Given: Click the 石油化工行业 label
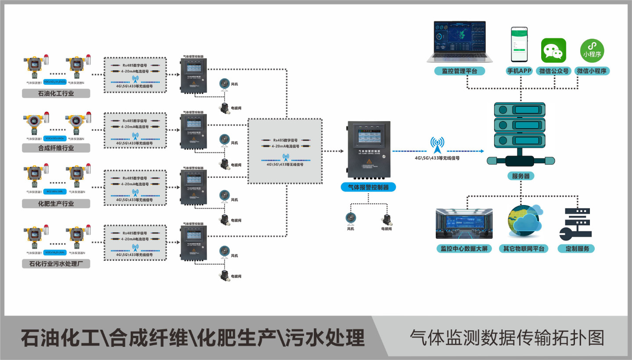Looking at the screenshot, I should [56, 93].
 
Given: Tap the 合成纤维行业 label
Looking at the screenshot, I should [56, 148].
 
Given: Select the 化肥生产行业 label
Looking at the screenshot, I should [56, 204].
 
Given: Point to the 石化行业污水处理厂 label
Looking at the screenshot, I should [56, 264].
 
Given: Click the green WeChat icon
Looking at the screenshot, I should [553, 50].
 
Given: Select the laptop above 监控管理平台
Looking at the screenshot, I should [460, 43].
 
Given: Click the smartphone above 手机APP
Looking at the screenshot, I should [519, 45].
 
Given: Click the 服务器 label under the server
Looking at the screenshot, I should [521, 176].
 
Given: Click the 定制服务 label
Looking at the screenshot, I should [577, 248].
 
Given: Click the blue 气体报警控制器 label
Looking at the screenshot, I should [368, 187].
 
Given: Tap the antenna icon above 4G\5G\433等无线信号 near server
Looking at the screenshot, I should [437, 144].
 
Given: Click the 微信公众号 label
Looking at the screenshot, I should [553, 71].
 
